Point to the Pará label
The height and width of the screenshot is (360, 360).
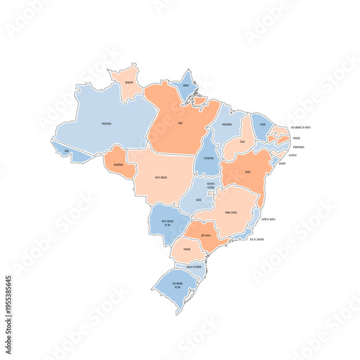[x=179, y=124]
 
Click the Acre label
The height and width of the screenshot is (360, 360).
[x=67, y=151]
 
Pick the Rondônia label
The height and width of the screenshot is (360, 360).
[x=120, y=164]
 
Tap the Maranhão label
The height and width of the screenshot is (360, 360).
[x=228, y=124]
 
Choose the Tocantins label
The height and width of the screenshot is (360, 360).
[x=208, y=157]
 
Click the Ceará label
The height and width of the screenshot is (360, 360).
[x=262, y=123]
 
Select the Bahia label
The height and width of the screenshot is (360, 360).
[x=248, y=171]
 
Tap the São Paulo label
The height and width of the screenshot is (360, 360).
[x=204, y=235]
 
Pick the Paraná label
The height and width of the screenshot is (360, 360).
[x=187, y=249]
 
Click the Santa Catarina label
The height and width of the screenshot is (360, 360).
[x=194, y=266]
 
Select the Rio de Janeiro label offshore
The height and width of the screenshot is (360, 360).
[x=258, y=240]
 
